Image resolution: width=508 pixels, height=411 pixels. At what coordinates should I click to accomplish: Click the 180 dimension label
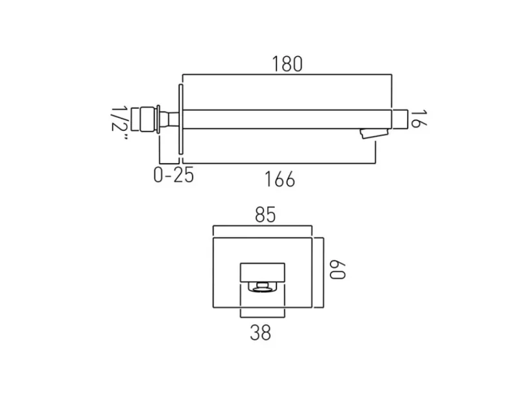287,64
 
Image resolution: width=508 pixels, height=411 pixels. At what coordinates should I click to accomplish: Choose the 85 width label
265,215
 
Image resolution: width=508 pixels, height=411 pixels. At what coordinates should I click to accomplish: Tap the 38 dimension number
260,332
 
